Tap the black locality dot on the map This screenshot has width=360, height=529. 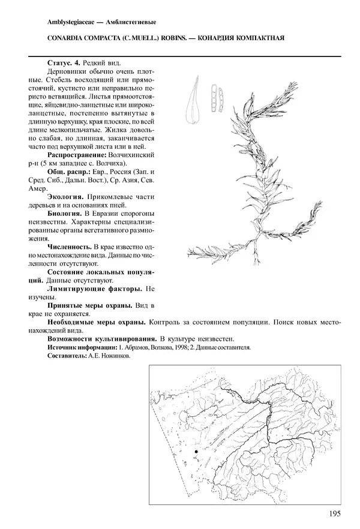click(196, 451)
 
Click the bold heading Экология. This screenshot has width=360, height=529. click(64, 197)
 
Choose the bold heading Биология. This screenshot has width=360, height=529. click(64, 213)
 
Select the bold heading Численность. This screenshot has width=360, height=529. click(68, 247)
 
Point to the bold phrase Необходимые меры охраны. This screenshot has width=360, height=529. click(97, 322)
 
